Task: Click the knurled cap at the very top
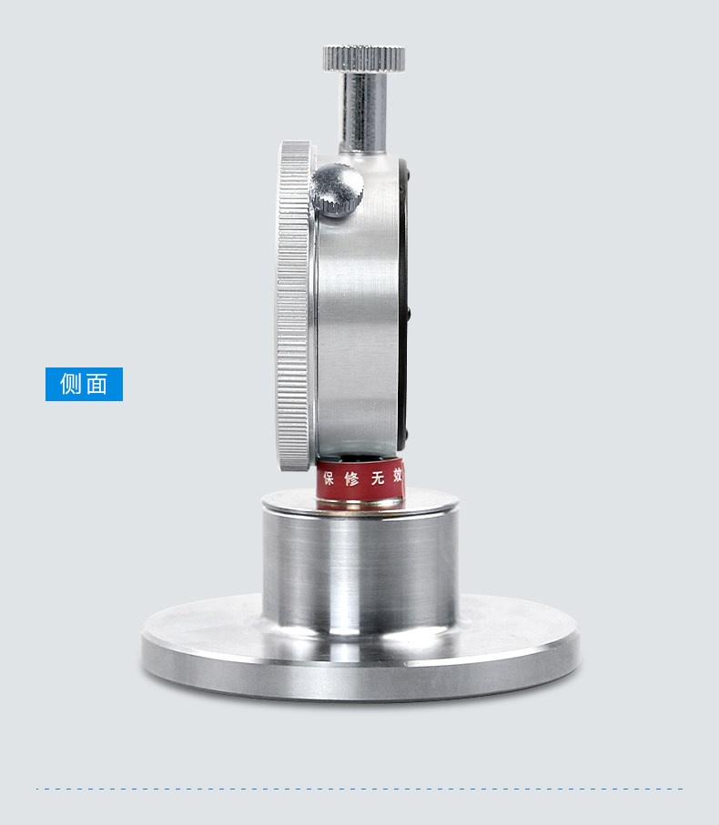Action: pos(364,58)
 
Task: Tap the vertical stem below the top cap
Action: pos(363,113)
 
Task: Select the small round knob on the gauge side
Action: pos(337,190)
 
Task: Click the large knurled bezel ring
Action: pos(295,306)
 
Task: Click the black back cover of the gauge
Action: pos(403,305)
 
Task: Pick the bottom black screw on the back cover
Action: pos(406,437)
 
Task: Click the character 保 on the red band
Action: pos(329,478)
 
